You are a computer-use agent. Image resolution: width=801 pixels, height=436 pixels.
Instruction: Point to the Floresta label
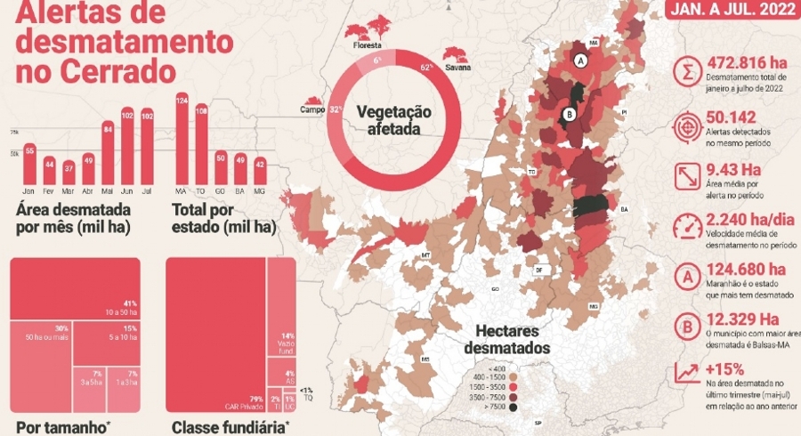(x=367, y=44)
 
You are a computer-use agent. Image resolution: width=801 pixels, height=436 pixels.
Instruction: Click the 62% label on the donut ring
(x=426, y=67)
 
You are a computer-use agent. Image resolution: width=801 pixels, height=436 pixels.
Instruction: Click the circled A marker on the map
(x=580, y=61)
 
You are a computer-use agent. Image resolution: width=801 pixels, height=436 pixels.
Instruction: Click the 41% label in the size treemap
(x=129, y=305)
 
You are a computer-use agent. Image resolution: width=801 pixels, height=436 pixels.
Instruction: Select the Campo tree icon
(x=312, y=103)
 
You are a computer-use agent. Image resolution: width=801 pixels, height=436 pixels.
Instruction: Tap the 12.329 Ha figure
(x=746, y=320)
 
